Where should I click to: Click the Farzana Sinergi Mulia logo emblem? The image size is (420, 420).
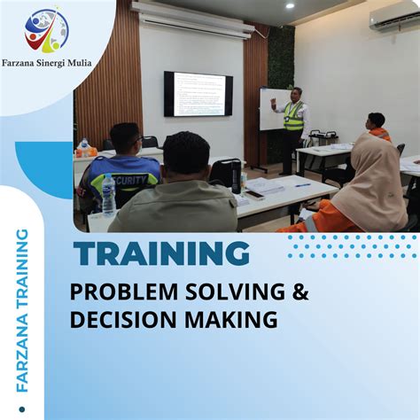point(47,30)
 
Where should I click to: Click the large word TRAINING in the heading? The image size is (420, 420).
point(162,254)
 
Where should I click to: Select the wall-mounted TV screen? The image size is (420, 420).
point(198,95)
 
